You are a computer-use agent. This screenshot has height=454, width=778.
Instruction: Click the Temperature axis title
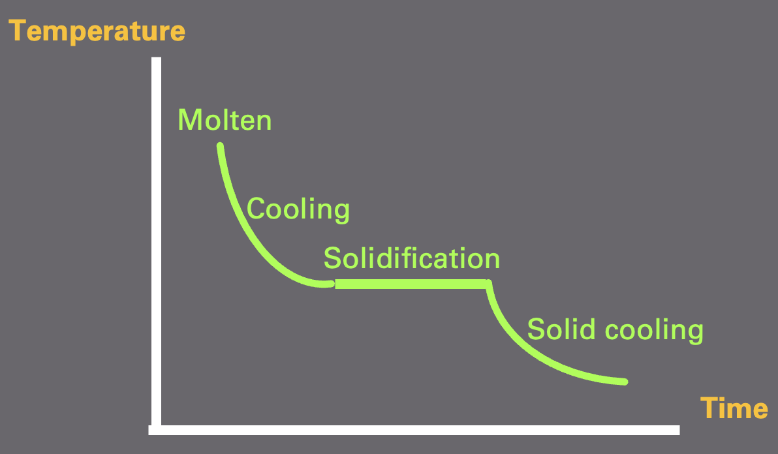pos(97,31)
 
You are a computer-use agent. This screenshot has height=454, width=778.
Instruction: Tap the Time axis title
pos(734,408)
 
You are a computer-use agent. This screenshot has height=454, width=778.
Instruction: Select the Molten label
pos(225,120)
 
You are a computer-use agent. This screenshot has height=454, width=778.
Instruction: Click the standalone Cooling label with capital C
pos(298,209)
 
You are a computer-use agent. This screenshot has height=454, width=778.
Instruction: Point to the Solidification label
pos(412,258)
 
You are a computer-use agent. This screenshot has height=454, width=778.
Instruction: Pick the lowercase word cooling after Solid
pos(653,330)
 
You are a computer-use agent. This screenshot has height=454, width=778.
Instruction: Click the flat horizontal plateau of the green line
pos(411,284)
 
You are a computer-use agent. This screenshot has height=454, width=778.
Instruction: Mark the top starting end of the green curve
pos(220,145)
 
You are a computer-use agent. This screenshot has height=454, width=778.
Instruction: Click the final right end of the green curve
pos(625,381)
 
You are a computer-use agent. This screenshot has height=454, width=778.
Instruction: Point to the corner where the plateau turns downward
pos(488,284)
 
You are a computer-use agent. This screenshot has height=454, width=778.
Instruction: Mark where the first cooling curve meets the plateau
pos(333,284)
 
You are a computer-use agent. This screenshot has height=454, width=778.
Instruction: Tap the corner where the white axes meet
pos(156,429)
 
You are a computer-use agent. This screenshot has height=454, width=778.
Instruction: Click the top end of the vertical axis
pos(156,60)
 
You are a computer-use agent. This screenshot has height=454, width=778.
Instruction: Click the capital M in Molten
pos(189,120)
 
